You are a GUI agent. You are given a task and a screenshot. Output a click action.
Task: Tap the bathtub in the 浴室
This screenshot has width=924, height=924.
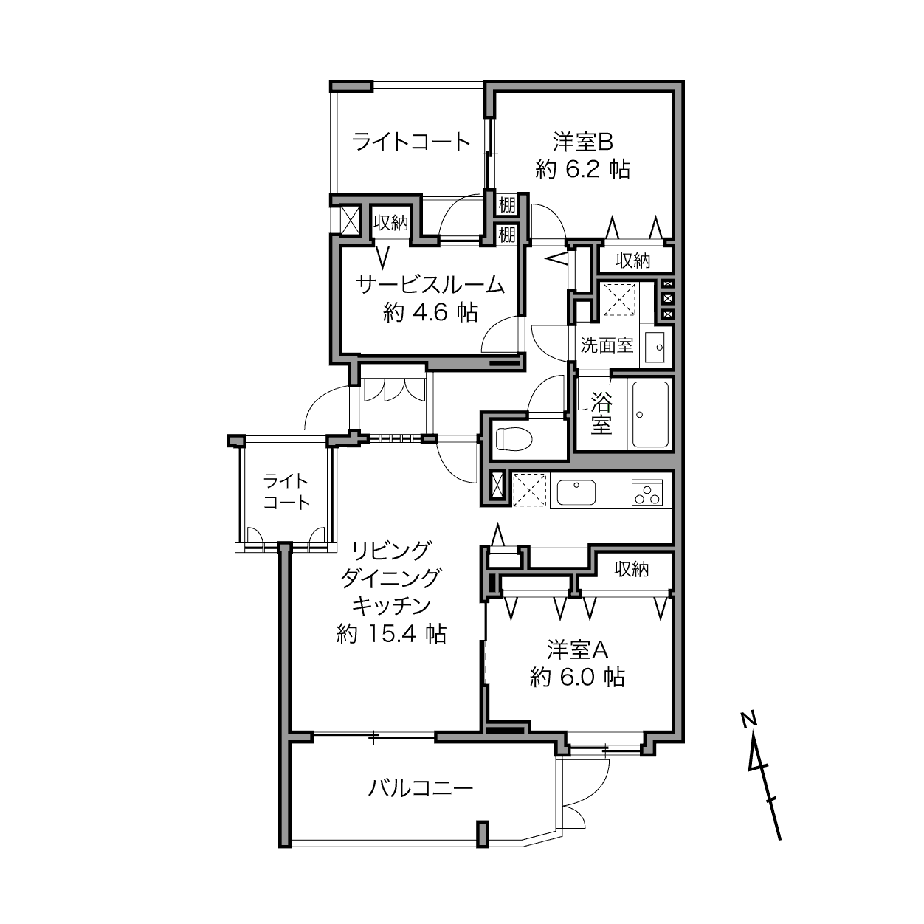click(x=650, y=414)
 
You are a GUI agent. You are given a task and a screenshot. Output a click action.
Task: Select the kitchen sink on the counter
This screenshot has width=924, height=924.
click(x=576, y=492)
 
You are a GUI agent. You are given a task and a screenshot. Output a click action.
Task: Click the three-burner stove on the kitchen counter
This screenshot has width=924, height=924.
click(x=647, y=492)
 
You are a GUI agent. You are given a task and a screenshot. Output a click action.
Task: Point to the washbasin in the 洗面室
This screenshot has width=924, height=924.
click(x=655, y=347)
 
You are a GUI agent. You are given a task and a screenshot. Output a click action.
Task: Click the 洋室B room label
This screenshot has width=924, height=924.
click(x=582, y=142)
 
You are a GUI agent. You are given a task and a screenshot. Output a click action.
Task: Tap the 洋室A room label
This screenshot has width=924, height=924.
click(x=578, y=651)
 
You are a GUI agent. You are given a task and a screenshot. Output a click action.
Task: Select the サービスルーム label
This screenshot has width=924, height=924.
click(x=430, y=285)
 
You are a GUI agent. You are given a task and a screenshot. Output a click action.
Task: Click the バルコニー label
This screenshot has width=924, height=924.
click(x=421, y=788)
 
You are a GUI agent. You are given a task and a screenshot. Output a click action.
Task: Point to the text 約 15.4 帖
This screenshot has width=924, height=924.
click(x=391, y=635)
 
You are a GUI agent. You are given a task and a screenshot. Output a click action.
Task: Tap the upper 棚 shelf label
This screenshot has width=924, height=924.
click(x=507, y=205)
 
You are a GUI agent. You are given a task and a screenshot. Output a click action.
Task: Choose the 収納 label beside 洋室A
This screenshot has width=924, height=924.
click(x=632, y=569)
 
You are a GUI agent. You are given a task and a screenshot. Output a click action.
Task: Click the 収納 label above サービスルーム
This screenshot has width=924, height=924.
click(x=391, y=223)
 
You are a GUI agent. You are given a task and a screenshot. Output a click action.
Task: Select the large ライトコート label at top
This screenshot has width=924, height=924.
click(x=411, y=142)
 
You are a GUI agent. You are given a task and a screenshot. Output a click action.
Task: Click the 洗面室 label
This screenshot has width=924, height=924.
click(x=607, y=345)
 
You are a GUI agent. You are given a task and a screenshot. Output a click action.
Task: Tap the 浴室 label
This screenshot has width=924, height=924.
click(x=601, y=413)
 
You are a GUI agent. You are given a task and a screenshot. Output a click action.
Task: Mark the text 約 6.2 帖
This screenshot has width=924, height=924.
click(x=582, y=169)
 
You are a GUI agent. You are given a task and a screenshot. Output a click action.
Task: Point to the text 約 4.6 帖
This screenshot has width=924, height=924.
click(x=430, y=313)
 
